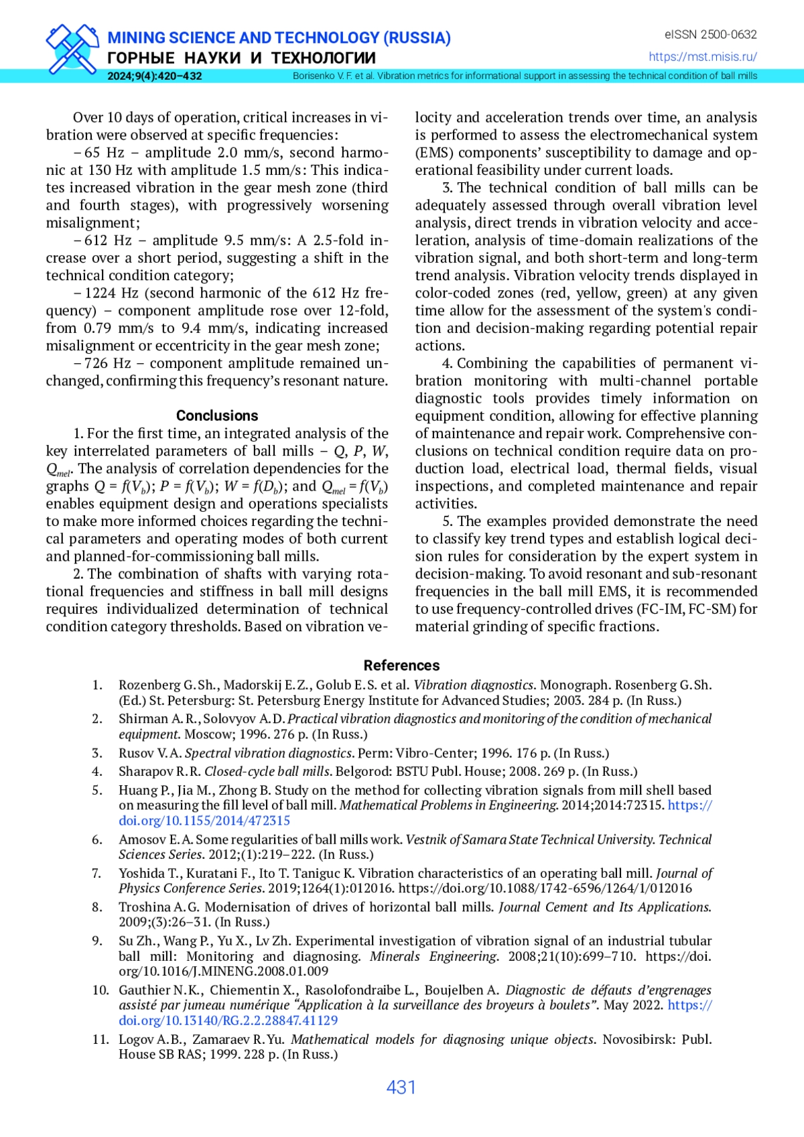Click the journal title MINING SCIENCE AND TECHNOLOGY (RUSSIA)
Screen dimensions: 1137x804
[x=279, y=38]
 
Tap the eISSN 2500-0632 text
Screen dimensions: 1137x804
[x=710, y=34]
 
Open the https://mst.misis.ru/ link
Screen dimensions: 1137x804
[x=703, y=57]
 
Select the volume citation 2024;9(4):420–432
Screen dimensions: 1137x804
[x=154, y=76]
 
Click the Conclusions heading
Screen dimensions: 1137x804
[x=217, y=415]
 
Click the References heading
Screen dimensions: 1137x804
[x=401, y=665]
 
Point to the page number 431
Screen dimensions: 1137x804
[x=401, y=1087]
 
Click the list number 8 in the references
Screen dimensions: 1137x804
[x=97, y=907]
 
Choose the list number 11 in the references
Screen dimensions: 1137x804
[x=100, y=1039]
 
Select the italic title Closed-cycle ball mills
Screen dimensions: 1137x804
[x=267, y=771]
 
